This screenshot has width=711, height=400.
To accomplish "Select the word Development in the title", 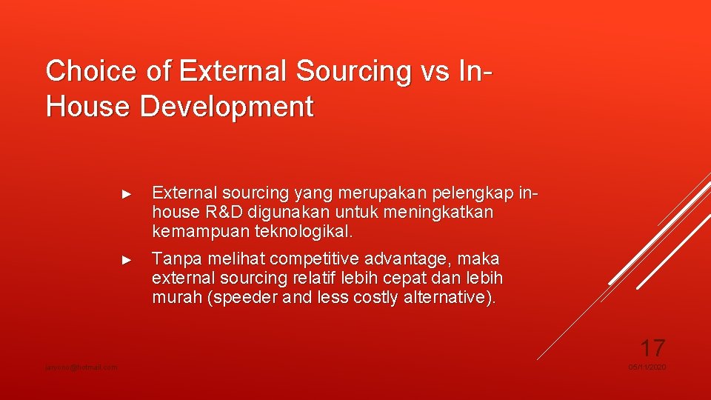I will tap(227, 107).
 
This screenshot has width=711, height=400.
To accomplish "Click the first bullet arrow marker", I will tap(126, 194).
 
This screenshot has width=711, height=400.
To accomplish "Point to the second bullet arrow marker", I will tap(126, 260).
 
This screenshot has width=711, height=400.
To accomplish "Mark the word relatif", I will tap(317, 279).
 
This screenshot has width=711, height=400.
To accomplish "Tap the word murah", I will tap(176, 298).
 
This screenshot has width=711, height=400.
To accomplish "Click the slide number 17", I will tap(652, 347).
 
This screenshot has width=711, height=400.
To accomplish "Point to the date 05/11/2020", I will tap(647, 367).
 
